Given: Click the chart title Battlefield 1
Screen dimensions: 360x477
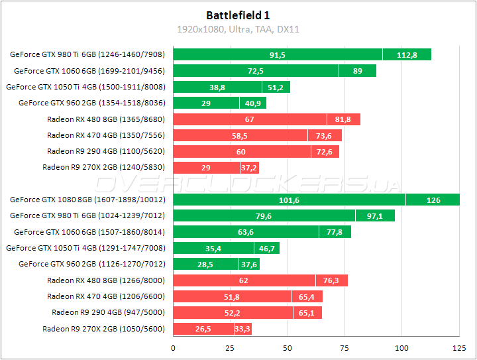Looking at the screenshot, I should pos(238,15).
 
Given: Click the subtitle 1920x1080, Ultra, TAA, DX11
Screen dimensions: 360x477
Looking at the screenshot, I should pos(238,29).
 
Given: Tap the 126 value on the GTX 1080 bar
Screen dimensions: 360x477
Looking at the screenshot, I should pos(433,200).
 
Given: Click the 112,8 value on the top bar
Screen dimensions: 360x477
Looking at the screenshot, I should pos(407,55).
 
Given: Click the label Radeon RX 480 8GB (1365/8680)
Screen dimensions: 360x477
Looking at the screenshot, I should pos(106,119).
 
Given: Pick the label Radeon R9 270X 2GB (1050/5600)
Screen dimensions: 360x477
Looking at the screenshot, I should pos(103,329).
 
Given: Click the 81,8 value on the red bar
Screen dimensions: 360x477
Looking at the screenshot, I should pos(343,119).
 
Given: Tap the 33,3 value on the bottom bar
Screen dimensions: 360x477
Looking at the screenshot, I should pos(242,329).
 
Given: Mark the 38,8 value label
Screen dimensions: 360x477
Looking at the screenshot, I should pos(217,87).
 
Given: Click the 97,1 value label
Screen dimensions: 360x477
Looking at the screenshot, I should pos(375,215).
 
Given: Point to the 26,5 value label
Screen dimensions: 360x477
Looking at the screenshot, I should pos(203,329).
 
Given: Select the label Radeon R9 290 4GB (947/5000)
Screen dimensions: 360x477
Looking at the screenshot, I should pos(108,312).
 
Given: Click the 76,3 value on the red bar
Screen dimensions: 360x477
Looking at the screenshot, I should pos(331,280).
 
